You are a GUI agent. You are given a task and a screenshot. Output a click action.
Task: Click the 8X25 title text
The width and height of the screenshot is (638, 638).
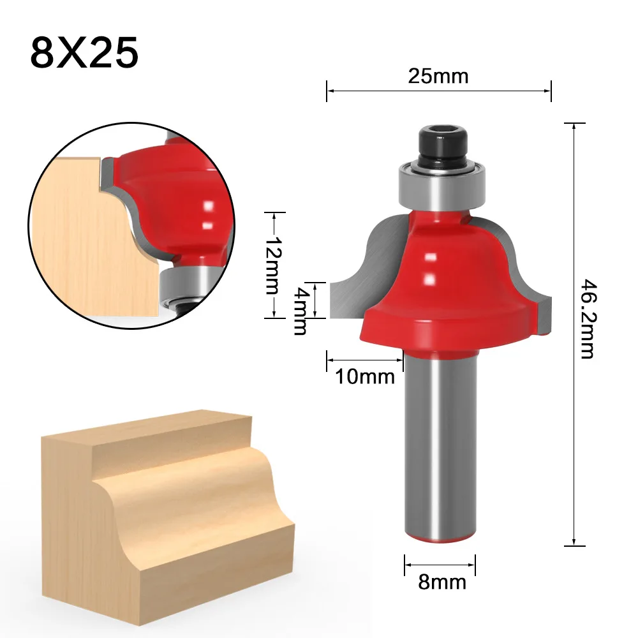coord(84,52)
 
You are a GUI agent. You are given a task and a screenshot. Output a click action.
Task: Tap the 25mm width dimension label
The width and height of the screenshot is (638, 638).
coord(438,77)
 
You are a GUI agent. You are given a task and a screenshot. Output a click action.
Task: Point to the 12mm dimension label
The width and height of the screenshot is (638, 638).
coord(272,264)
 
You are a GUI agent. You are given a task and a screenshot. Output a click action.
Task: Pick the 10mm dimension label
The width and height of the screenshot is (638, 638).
coord(365,377)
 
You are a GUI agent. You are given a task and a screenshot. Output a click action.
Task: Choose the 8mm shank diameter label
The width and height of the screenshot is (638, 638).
coord(441,582)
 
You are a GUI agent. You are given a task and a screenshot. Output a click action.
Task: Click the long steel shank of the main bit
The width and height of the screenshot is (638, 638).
coord(440,447)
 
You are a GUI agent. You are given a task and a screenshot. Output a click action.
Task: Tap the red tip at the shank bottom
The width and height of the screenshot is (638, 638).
coord(440,539)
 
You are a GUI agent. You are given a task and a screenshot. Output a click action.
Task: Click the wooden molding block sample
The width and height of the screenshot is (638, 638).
coord(166,504)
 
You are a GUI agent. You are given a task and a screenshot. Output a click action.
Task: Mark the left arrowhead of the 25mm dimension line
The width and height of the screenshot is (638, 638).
coord(329,91)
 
